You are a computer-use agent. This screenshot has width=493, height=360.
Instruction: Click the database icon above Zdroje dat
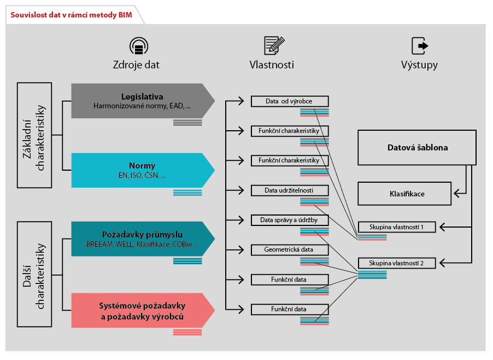coord(139,45)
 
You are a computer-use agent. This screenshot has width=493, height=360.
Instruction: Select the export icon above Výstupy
coord(419,45)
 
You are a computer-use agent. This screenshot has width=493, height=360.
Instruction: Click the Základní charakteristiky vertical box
coord(34,135)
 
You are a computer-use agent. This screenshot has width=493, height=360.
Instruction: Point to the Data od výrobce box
coord(289,101)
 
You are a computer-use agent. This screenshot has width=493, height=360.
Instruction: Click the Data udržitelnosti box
coord(289,190)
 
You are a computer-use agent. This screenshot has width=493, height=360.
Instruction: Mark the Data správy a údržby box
coord(289,220)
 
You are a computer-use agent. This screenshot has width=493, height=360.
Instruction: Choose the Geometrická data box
coord(289,250)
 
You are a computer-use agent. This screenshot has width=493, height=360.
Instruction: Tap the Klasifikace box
coord(404,194)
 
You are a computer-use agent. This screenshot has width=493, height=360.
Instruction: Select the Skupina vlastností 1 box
coord(397,227)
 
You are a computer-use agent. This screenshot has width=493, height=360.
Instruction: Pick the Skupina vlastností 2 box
coord(397,263)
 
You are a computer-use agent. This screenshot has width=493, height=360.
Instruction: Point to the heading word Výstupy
coord(419,65)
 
